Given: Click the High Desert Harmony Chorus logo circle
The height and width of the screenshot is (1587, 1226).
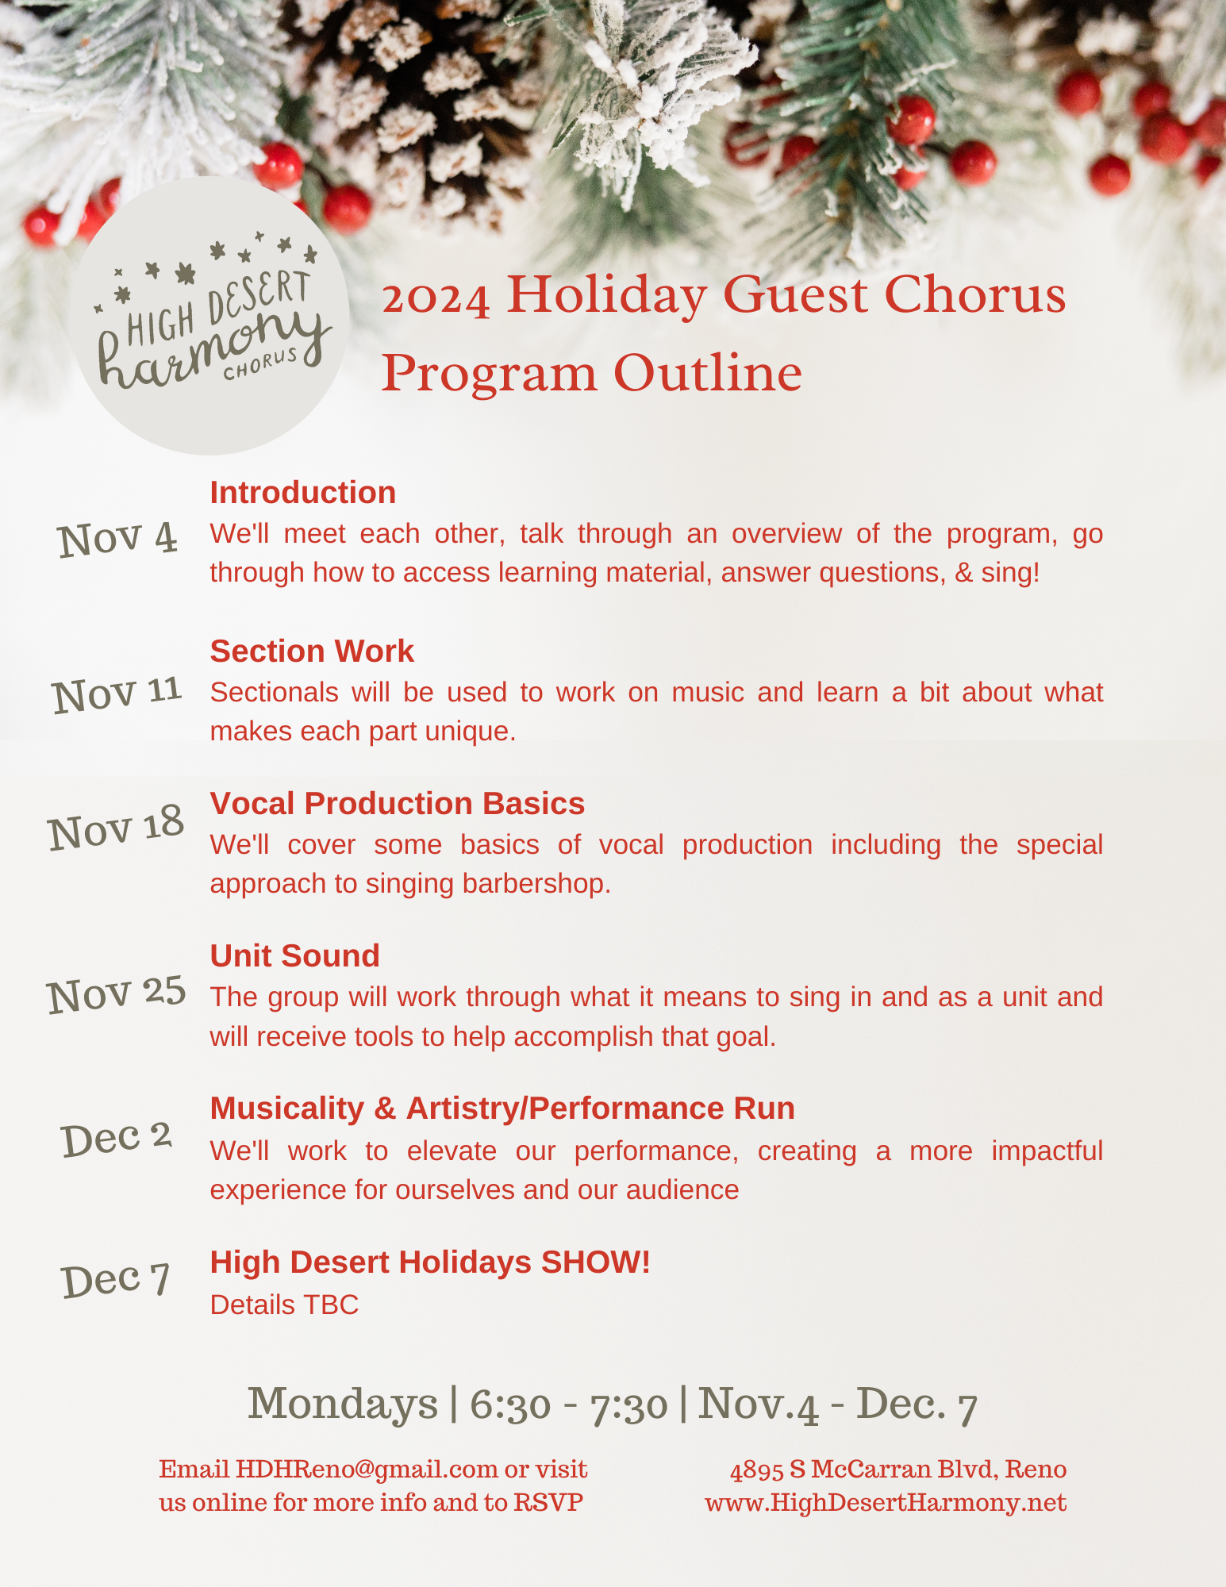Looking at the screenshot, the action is [x=209, y=316].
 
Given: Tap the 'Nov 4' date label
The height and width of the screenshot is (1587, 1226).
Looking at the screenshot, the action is [x=117, y=539].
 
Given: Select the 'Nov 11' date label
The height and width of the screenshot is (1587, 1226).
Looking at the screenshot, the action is [x=117, y=694].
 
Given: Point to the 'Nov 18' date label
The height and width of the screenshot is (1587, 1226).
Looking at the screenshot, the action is [x=116, y=828].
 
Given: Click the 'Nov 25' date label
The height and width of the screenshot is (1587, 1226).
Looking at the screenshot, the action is [x=117, y=993].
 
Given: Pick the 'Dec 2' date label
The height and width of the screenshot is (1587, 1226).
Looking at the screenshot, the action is [x=117, y=1138].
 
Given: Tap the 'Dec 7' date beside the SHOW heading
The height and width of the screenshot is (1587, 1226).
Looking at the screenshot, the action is [x=116, y=1279].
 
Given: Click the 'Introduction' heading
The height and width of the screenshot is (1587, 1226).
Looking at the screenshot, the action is [x=302, y=493].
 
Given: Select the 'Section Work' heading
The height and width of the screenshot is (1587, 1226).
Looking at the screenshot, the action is [x=312, y=651].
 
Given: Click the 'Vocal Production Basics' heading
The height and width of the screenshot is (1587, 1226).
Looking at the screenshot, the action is [x=398, y=804].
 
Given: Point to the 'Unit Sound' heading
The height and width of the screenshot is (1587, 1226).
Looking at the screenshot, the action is [x=294, y=956].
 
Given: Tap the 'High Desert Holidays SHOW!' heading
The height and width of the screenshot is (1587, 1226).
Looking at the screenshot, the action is [x=430, y=1262].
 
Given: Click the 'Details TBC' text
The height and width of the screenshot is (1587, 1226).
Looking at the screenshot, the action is [x=284, y=1305].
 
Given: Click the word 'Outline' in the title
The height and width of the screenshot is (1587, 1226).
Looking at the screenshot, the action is [x=708, y=374].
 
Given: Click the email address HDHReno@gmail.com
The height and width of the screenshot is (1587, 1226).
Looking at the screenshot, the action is [x=367, y=1470].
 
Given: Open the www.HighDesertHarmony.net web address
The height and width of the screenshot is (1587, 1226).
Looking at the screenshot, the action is [x=886, y=1503].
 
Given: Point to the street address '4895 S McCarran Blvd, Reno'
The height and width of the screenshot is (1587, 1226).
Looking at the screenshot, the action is [x=898, y=1470].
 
